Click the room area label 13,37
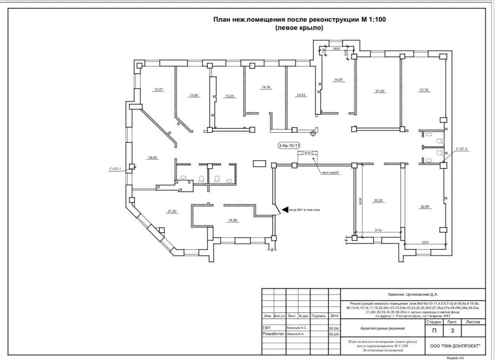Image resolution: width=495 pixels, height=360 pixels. (x=159, y=90)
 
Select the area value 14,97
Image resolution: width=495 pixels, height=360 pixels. (x=338, y=80)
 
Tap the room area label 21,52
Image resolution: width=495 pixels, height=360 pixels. (x=424, y=90)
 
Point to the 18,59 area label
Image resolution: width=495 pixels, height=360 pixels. (x=152, y=158)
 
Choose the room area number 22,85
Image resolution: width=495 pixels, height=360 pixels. (x=424, y=207)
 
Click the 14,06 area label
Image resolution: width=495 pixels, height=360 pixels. (x=233, y=220)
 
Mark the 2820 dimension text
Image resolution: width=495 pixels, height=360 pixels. (x=336, y=49)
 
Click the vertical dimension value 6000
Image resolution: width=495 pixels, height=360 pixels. (x=361, y=201)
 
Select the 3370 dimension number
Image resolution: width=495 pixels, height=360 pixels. (x=425, y=242)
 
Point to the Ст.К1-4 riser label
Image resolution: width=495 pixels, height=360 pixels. (x=463, y=149)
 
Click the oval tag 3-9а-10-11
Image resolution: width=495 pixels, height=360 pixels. (x=289, y=146)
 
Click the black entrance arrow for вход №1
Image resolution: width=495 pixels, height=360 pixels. (x=285, y=210)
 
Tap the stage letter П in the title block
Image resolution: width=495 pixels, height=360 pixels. (x=434, y=331)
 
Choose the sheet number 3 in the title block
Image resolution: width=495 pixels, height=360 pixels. (x=452, y=331)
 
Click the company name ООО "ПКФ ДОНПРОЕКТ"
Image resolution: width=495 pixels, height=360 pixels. (x=455, y=346)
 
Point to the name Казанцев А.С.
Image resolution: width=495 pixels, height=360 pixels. (x=297, y=328)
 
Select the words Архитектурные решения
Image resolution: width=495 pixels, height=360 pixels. (x=382, y=328)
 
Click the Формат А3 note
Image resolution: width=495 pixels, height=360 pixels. (x=455, y=358)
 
